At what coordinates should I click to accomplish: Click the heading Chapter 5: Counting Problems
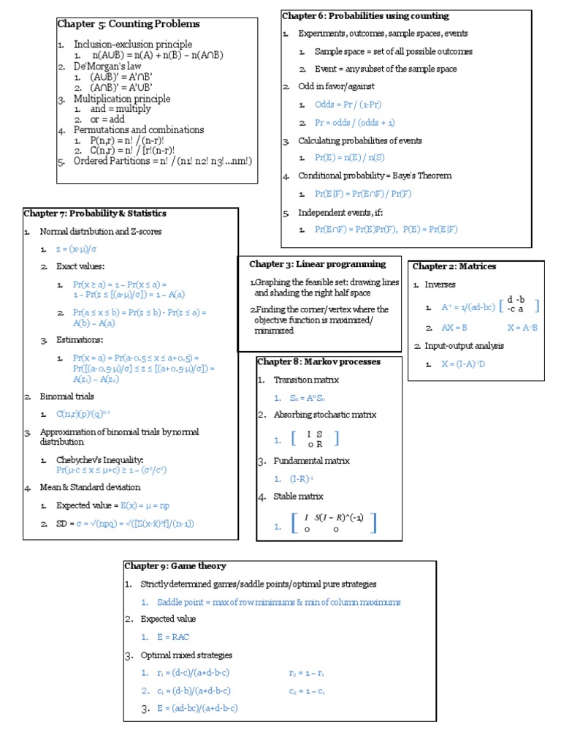128,24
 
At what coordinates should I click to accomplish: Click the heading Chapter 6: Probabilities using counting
365,16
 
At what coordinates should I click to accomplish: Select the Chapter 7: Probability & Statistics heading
95,214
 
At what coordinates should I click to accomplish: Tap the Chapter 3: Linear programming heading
317,264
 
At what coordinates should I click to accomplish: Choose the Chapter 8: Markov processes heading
318,361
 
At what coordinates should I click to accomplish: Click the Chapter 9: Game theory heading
175,565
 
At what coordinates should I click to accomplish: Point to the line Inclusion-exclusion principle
133,45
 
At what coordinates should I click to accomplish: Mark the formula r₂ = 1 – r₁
307,673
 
